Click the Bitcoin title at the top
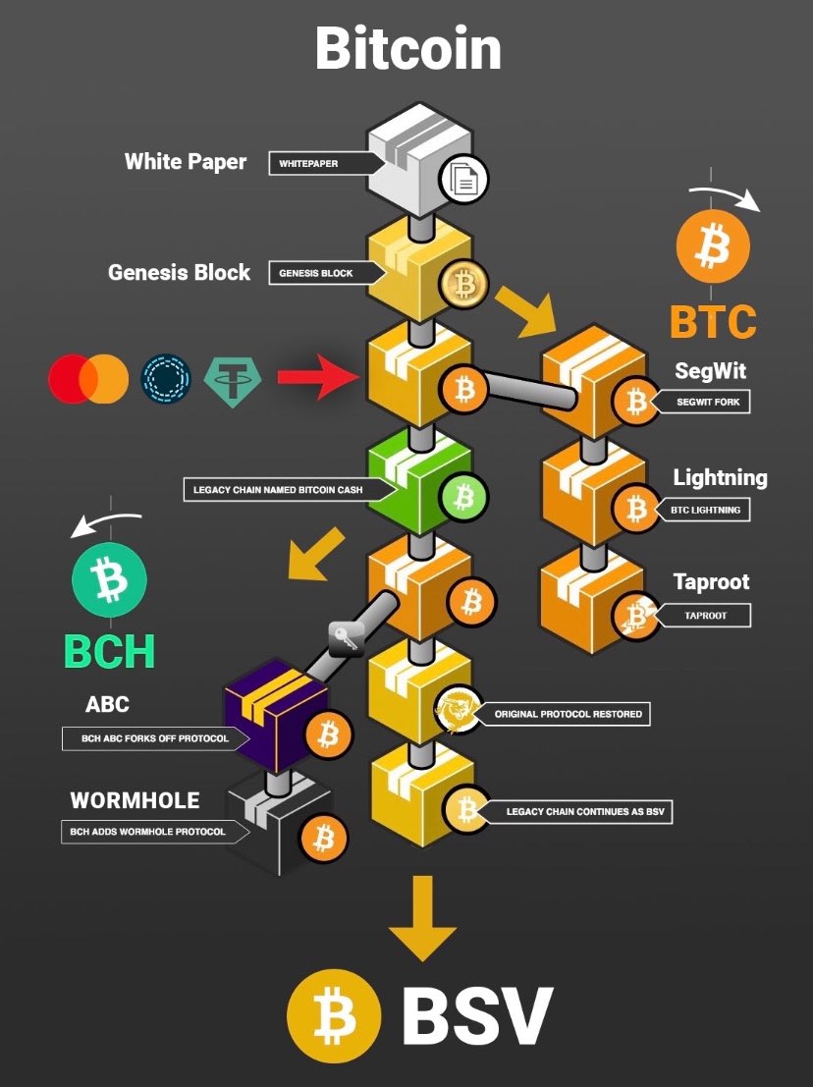408,48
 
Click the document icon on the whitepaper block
464,179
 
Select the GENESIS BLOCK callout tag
326,273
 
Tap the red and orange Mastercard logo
88,379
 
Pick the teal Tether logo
232,381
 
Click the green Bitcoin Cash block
419,480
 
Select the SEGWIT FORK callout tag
703,402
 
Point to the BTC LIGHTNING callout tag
701,510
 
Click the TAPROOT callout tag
703,615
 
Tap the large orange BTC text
713,322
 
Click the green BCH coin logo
110,579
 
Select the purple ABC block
275,714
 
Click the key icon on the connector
346,638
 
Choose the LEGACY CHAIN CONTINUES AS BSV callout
579,812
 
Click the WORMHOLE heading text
135,800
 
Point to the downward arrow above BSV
422,918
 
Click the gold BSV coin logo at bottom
334,1016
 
